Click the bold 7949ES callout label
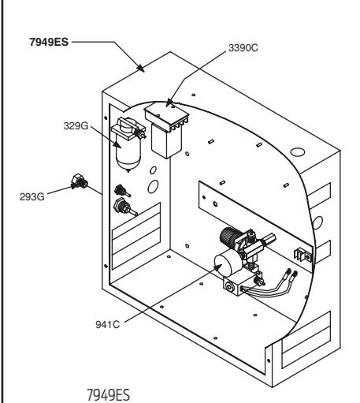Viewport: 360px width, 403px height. pyautogui.click(x=49, y=42)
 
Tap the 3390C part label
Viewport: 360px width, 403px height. pyautogui.click(x=243, y=48)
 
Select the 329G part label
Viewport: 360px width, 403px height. pyautogui.click(x=76, y=126)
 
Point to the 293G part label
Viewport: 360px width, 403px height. pyautogui.click(x=32, y=196)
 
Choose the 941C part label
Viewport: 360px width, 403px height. pyautogui.click(x=108, y=325)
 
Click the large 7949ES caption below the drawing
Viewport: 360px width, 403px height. pyautogui.click(x=108, y=394)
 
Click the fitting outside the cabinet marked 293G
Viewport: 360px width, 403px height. pyautogui.click(x=80, y=181)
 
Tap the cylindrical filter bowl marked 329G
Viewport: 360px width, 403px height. pyautogui.click(x=128, y=155)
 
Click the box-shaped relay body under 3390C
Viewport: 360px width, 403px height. pyautogui.click(x=166, y=143)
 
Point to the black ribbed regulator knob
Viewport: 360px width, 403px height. pyautogui.click(x=228, y=236)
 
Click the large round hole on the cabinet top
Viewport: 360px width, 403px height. pyautogui.click(x=298, y=152)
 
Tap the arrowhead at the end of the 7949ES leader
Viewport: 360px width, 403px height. pyautogui.click(x=141, y=69)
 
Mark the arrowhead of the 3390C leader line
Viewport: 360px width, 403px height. pyautogui.click(x=169, y=103)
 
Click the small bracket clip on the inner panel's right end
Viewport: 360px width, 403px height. pyautogui.click(x=303, y=255)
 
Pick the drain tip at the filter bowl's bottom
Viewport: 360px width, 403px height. pyautogui.click(x=128, y=170)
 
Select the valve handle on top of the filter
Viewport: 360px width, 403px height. pyautogui.click(x=127, y=124)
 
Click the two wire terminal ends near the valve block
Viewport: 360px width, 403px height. pyautogui.click(x=291, y=274)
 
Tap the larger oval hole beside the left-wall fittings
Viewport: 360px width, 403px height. pyautogui.click(x=153, y=187)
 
